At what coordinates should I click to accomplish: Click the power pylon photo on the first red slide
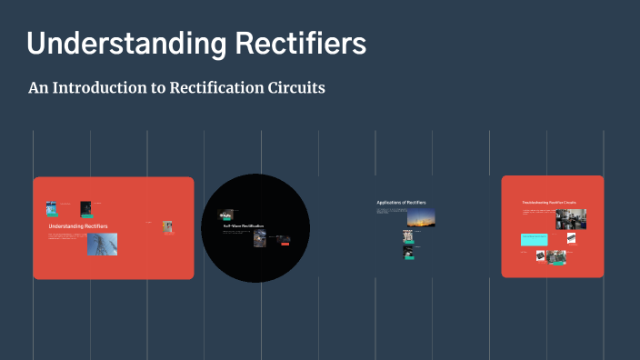102,244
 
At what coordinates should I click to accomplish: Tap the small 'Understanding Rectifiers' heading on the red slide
78,225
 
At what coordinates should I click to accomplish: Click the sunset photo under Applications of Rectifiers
421,217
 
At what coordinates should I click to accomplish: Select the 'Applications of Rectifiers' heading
401,202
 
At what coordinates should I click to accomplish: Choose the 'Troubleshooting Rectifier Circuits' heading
548,202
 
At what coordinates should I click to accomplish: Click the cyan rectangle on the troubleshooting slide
534,240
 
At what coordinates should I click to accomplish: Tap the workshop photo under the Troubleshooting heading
571,219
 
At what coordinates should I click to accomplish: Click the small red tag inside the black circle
285,242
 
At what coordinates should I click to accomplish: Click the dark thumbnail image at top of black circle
225,215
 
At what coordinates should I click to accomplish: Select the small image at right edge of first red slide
167,227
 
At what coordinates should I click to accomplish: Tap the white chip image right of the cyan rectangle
571,238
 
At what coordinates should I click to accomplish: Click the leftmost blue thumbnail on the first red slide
51,207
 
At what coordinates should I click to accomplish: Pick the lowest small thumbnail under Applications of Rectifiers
409,252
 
